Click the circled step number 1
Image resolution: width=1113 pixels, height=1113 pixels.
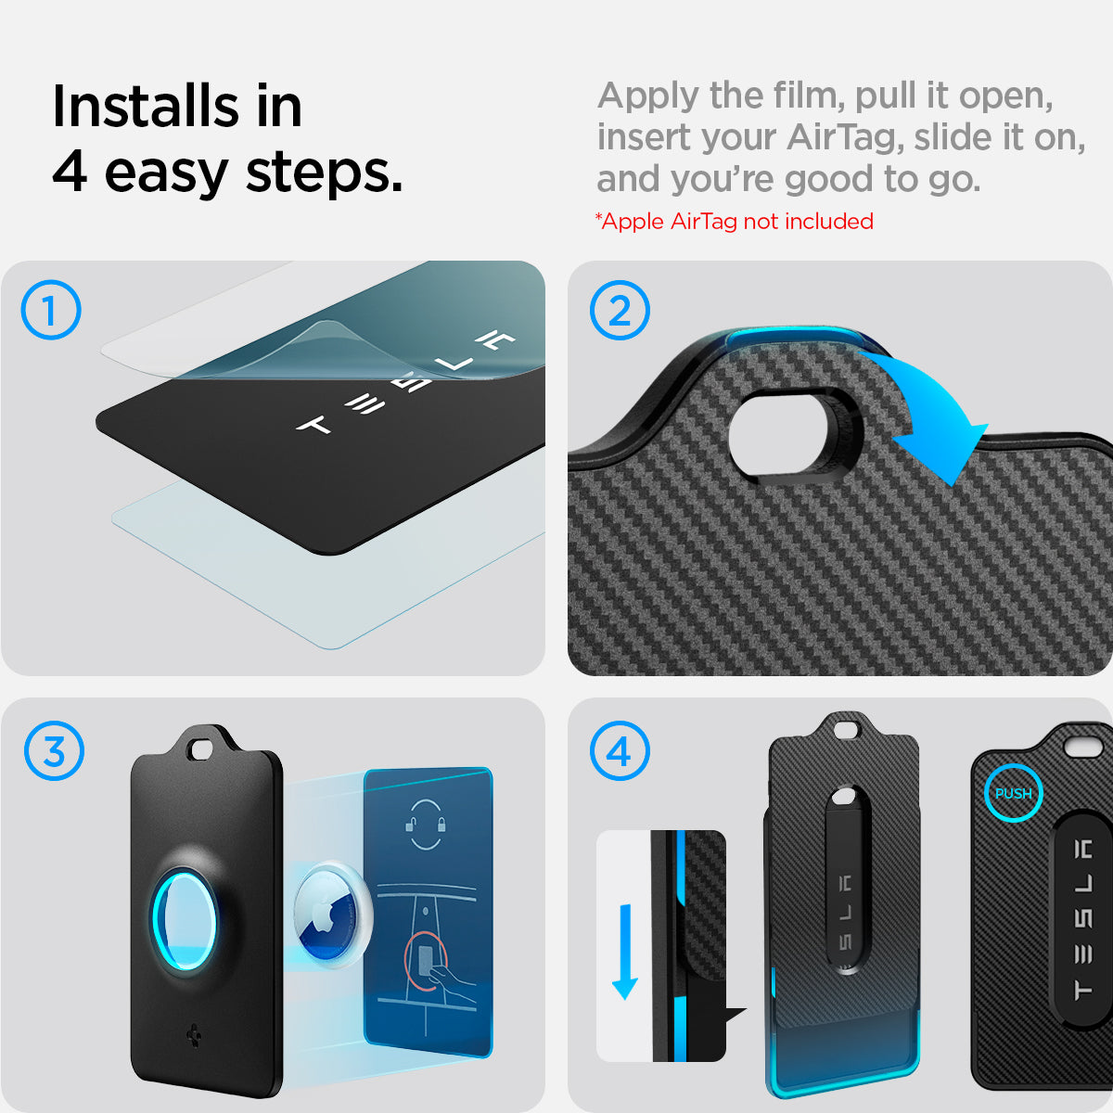point(51,310)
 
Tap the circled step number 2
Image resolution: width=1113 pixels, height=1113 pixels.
point(620,310)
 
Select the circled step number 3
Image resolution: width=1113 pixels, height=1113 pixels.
point(54,751)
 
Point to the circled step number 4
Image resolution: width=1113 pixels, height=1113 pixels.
point(620,751)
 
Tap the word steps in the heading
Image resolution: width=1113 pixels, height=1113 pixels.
point(324,173)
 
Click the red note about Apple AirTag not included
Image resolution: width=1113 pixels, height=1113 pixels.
point(734,222)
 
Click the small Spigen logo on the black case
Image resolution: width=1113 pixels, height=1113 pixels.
point(195,1037)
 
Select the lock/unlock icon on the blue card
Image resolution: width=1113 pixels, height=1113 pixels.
point(426,825)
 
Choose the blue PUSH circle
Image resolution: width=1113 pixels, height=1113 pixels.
point(1013,793)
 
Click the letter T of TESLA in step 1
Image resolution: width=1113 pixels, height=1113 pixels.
point(314,426)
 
